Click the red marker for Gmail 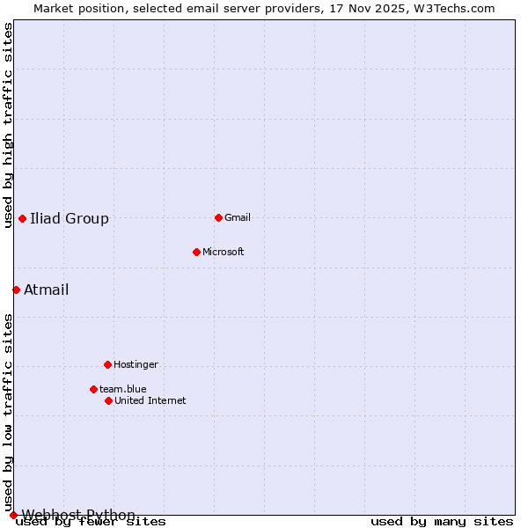[218, 217]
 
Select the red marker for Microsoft [196, 252]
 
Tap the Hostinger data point [107, 364]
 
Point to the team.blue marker [93, 389]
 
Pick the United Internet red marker [108, 400]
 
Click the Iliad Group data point [22, 218]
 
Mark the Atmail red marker [16, 290]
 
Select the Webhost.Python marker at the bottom [13, 515]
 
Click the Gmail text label [238, 217]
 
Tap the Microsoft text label [224, 252]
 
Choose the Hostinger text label [136, 364]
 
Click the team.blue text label [123, 389]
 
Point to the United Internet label [150, 400]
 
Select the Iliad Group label [70, 218]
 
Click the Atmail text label [46, 290]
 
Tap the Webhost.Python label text [78, 515]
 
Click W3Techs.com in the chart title [455, 8]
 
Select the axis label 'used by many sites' [442, 521]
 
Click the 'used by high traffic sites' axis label [8, 125]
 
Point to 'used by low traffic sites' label [8, 412]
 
